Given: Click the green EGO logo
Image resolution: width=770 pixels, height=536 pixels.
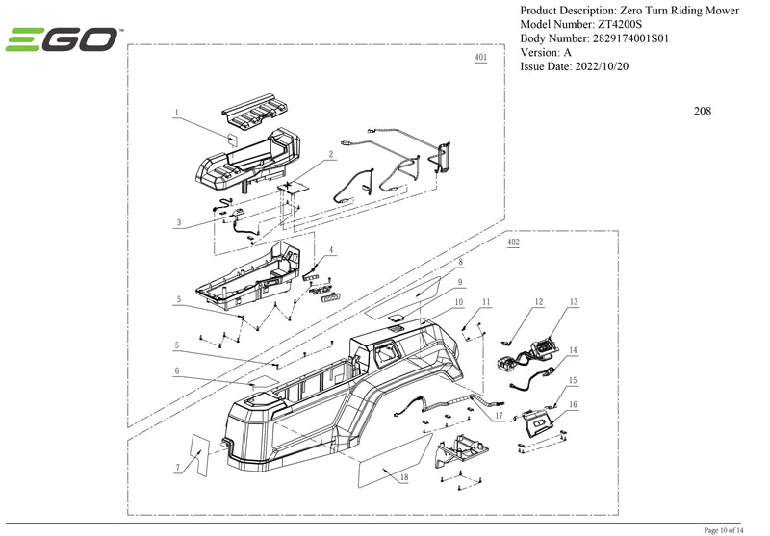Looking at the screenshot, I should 62,39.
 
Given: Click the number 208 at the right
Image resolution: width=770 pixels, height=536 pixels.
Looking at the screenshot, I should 703,111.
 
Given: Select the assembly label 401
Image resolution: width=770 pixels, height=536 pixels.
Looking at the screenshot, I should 480,58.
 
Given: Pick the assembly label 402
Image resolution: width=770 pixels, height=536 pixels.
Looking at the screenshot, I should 513,243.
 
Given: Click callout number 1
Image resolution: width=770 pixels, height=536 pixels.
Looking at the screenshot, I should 177,113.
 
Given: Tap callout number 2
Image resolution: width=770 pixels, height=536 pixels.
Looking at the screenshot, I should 330,154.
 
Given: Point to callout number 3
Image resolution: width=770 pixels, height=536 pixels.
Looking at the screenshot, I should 178,222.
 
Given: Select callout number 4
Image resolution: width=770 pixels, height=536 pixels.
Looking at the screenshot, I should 331,250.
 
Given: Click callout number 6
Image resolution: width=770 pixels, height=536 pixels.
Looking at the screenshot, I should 177,370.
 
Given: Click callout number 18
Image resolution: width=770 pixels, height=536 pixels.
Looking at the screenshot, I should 403,477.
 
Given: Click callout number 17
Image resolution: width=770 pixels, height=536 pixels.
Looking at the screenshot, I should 499,416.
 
